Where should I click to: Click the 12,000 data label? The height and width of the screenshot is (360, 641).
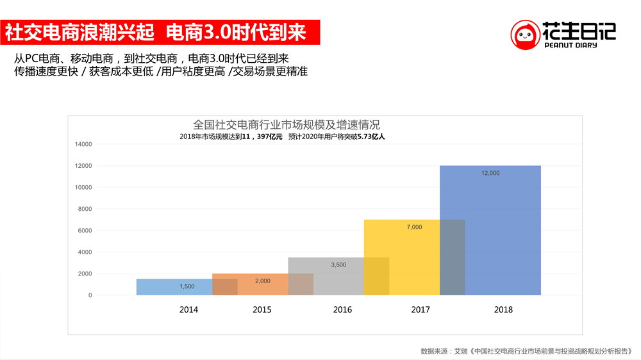point(490,174)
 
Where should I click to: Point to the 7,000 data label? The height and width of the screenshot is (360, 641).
point(414,227)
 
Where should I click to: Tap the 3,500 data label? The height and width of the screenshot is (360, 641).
point(338,265)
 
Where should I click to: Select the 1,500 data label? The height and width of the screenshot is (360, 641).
point(187,286)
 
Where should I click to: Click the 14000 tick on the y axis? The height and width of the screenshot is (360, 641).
point(84,144)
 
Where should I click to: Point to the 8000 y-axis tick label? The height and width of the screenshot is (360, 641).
point(85,209)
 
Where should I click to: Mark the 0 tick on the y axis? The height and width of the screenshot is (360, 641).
point(90,295)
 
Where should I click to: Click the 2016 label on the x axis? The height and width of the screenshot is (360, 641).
point(342,310)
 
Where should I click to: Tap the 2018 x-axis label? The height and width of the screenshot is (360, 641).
point(503,310)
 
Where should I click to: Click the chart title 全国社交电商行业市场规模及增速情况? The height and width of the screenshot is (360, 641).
point(287,124)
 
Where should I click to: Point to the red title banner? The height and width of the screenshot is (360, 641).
point(160,31)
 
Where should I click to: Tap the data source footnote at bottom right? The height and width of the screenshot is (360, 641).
point(526,351)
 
